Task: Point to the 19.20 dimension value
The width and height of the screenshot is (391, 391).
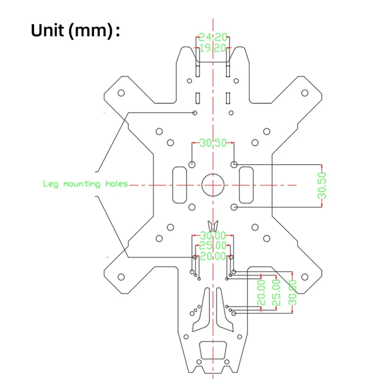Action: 213,48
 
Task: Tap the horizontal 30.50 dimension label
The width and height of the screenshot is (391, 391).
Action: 213,143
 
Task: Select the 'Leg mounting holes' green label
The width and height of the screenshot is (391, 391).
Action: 86,184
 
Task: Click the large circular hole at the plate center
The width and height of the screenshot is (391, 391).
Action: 213,185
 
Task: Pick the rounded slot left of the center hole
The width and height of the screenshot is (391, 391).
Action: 180,184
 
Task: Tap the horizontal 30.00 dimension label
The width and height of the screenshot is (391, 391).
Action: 213,236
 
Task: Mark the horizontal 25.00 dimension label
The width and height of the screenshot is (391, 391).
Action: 213,246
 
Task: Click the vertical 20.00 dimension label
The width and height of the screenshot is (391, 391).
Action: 261,292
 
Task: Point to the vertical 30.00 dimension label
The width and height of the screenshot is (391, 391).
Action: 293,292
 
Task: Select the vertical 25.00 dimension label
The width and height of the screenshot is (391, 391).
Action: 277,292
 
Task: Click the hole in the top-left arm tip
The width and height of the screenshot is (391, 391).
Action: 121,93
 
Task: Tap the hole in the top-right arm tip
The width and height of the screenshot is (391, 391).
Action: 304,93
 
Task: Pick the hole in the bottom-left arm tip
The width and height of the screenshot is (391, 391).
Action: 121,276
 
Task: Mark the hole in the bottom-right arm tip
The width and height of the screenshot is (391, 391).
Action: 304,276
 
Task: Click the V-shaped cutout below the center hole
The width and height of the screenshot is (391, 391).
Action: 213,226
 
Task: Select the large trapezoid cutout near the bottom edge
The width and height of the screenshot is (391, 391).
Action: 213,350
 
